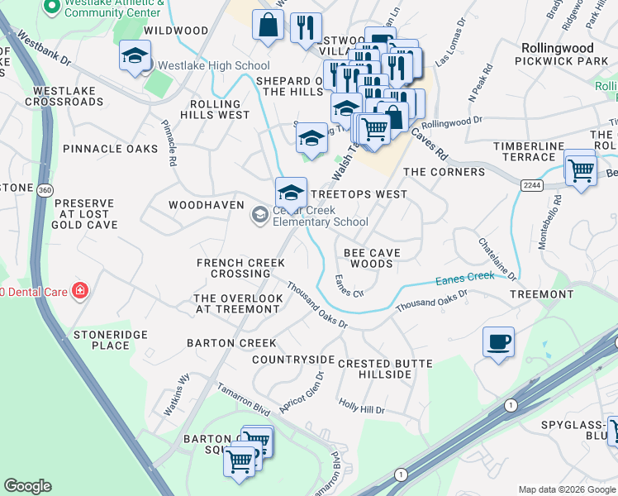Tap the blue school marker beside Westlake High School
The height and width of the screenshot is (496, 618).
[135, 56]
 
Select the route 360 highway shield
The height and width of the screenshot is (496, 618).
[43, 191]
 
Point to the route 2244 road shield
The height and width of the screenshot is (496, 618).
[531, 186]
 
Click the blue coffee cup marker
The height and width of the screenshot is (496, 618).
[498, 342]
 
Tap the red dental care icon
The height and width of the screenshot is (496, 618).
[79, 290]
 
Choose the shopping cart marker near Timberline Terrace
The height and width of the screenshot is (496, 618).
[581, 169]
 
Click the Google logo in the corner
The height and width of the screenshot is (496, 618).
[27, 486]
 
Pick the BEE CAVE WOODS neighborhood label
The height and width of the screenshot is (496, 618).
[372, 258]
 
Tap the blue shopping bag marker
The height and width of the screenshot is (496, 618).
[269, 26]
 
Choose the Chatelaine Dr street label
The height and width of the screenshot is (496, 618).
[497, 258]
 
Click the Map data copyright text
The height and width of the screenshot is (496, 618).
[567, 489]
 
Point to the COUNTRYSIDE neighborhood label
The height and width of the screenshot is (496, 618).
[293, 360]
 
